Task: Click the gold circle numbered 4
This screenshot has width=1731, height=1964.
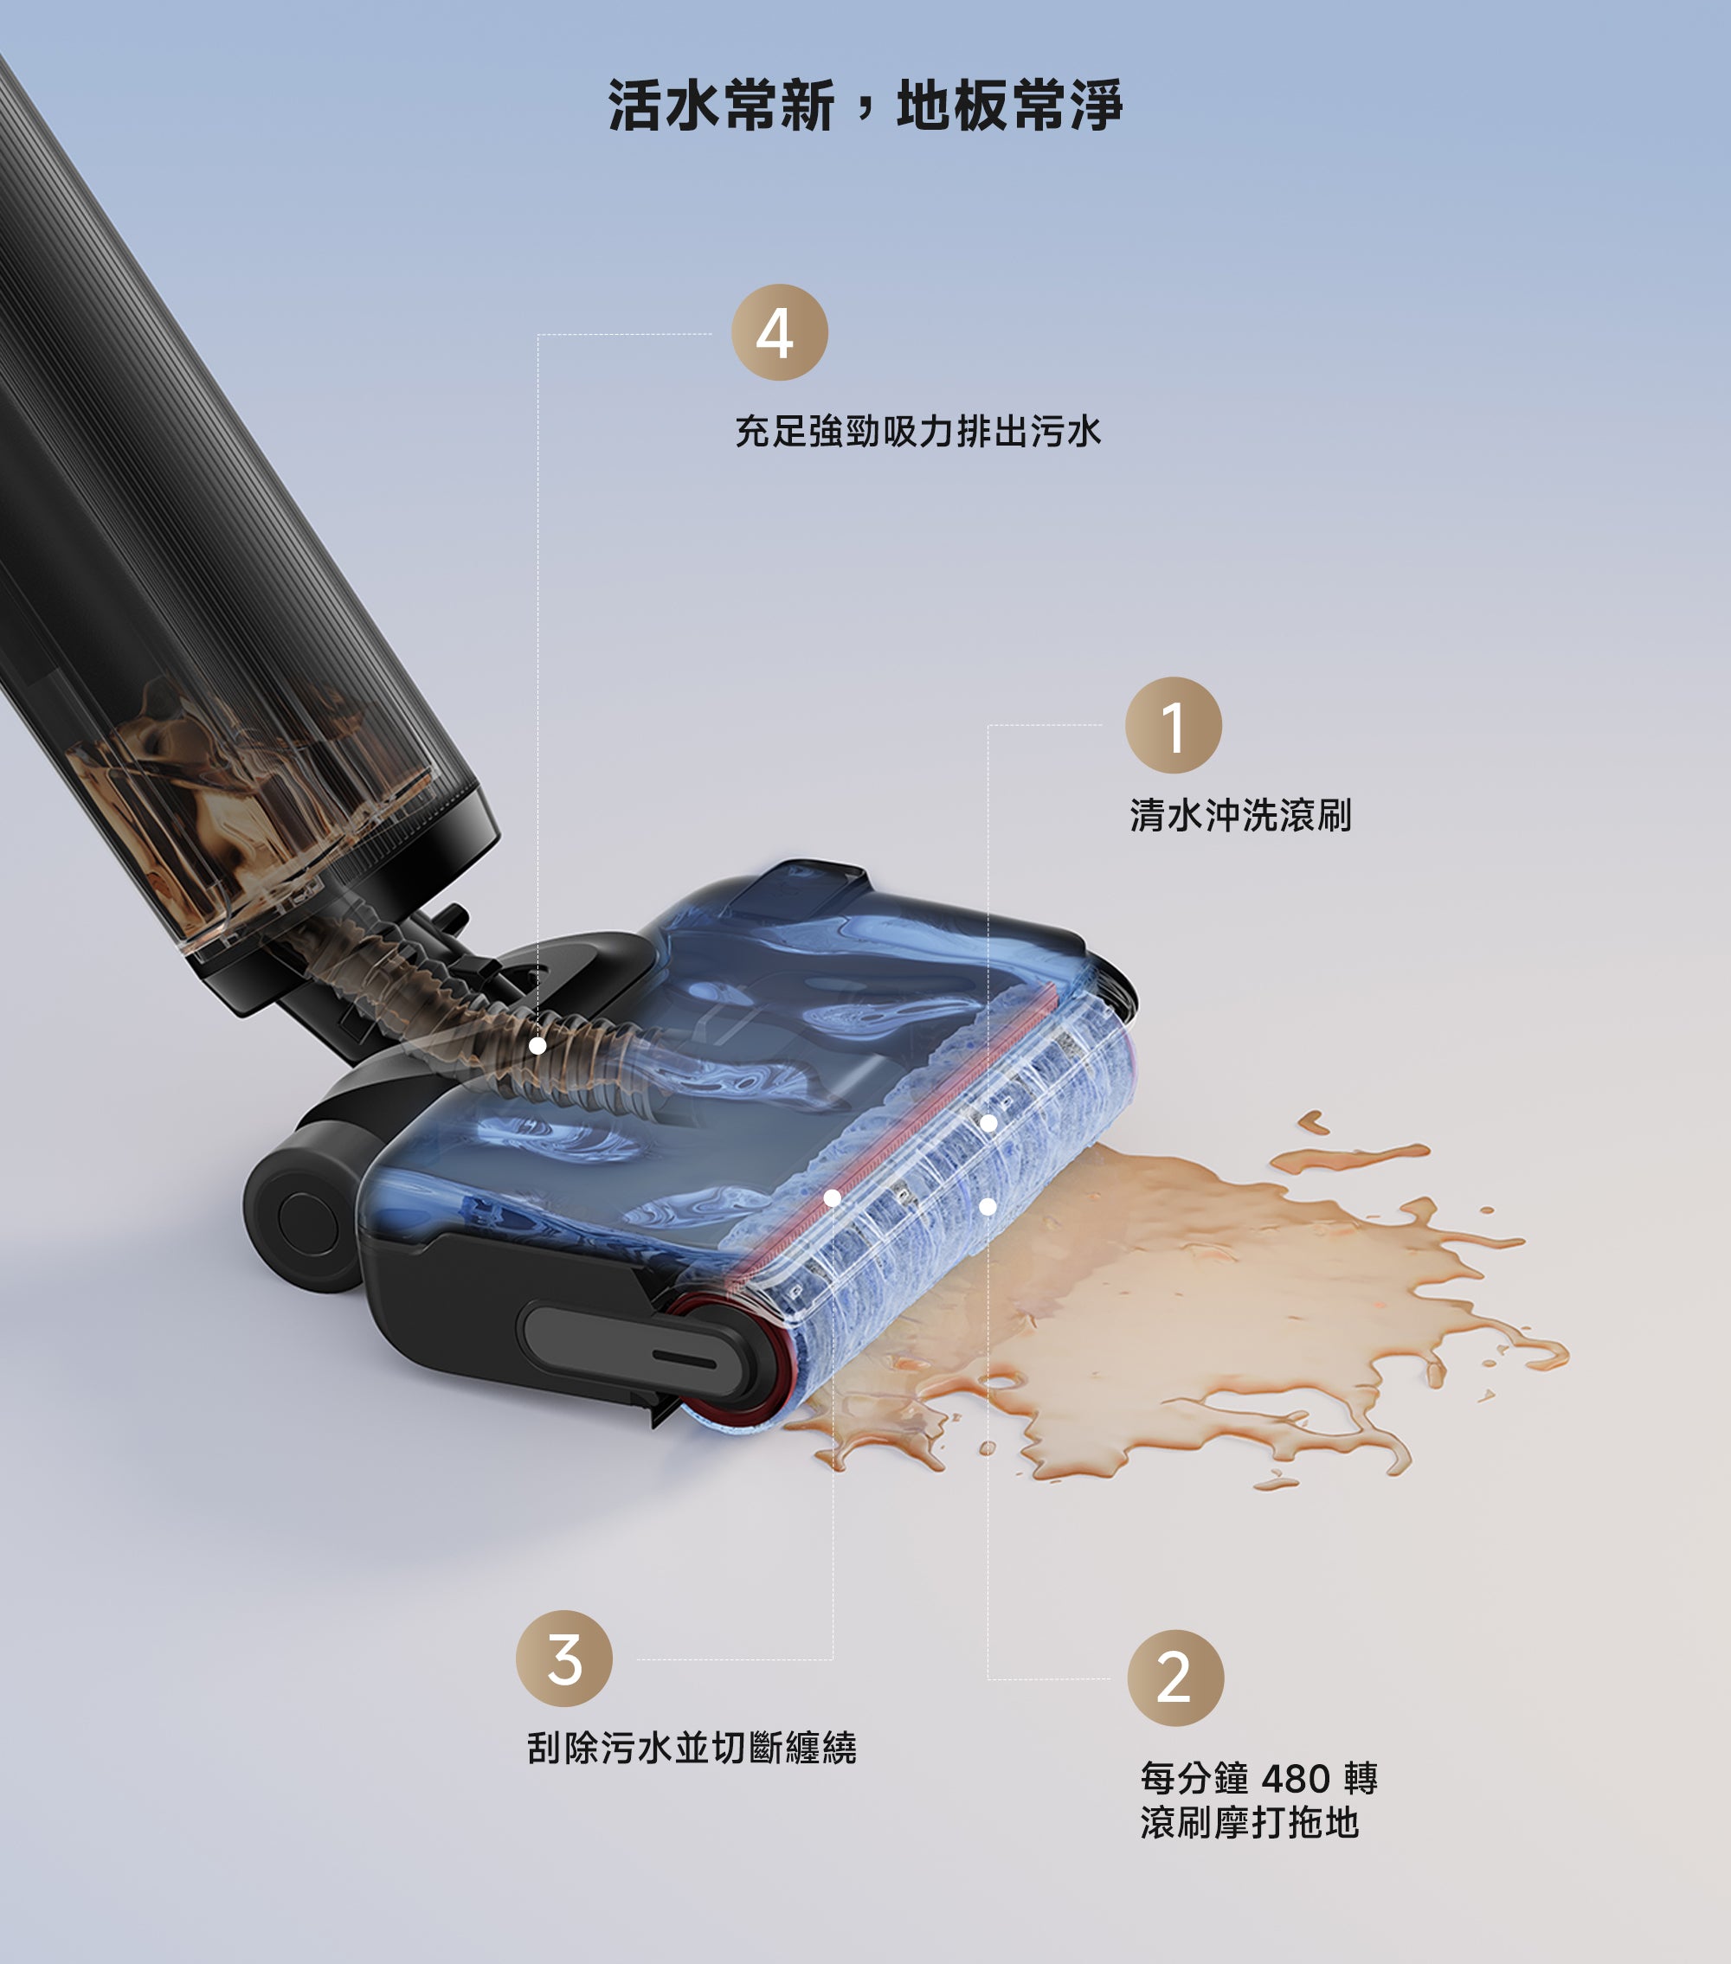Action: pos(780,332)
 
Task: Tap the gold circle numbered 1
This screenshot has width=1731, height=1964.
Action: pos(1174,725)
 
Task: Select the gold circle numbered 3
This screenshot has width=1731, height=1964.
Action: pos(564,1659)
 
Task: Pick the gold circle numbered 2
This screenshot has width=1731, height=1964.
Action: pos(1175,1678)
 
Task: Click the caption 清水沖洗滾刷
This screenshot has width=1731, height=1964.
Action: pos(1241,816)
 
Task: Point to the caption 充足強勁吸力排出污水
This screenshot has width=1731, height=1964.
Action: pos(918,432)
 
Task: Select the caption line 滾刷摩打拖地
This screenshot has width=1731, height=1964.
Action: pos(1250,1823)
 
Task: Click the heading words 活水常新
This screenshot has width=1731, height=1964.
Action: pos(721,105)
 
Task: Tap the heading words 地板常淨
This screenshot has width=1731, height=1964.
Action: pos(1009,105)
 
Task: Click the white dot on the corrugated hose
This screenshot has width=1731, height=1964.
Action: pos(538,1045)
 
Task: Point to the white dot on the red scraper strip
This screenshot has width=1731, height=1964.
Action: pos(833,1197)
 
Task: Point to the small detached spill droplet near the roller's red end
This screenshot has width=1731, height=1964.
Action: pos(987,1449)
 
